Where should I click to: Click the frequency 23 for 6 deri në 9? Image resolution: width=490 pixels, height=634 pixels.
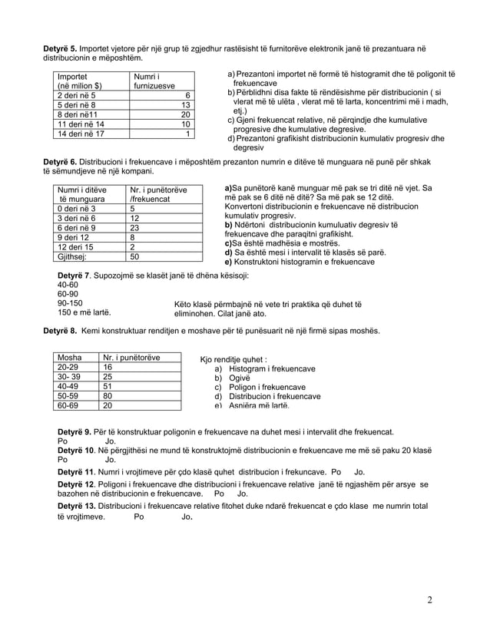coord(136,228)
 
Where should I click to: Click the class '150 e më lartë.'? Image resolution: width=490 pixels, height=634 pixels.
coord(84,313)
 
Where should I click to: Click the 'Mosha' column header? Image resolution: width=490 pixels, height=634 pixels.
coord(70,358)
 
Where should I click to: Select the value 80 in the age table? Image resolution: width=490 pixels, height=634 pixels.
coord(108,396)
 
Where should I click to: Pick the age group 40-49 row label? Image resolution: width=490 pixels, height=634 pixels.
coord(68,386)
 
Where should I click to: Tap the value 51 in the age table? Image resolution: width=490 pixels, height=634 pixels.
coord(108,386)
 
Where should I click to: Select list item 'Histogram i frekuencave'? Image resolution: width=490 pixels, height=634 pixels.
coord(262,368)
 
